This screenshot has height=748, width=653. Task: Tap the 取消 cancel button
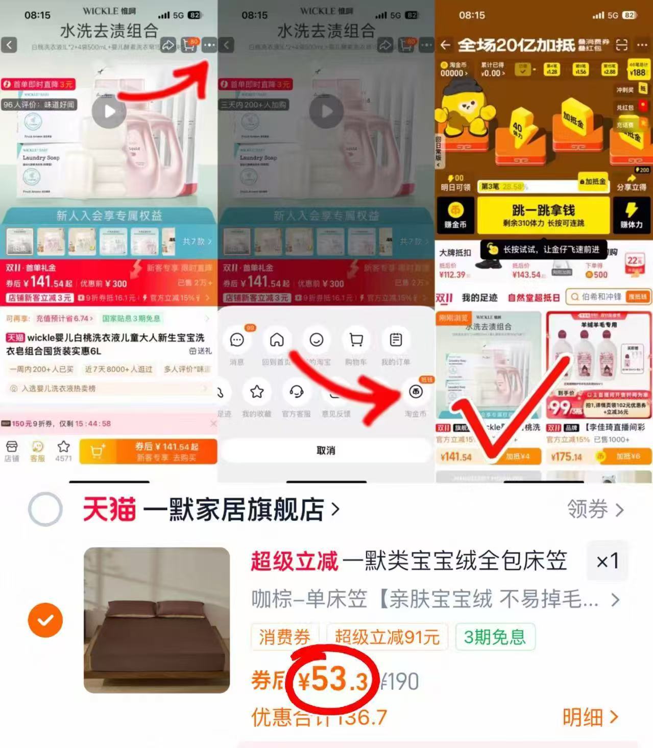[326, 450]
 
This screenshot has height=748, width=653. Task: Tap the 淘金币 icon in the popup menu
[416, 392]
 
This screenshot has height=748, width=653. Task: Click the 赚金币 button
[455, 215]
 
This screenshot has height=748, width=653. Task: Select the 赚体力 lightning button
[631, 215]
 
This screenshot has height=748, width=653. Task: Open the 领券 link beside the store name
[595, 510]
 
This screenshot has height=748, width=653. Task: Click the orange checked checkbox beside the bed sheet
[45, 620]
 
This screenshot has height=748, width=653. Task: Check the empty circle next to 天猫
[45, 510]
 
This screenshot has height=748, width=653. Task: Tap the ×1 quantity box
[607, 562]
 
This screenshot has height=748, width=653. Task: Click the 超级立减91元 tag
[387, 637]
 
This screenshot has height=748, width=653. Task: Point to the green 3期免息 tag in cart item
[494, 637]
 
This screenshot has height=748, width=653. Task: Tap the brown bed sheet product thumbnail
[157, 620]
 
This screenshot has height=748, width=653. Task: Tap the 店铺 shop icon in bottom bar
[11, 451]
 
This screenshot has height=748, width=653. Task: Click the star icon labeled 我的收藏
[256, 392]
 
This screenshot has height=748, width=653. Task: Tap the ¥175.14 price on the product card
[566, 456]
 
